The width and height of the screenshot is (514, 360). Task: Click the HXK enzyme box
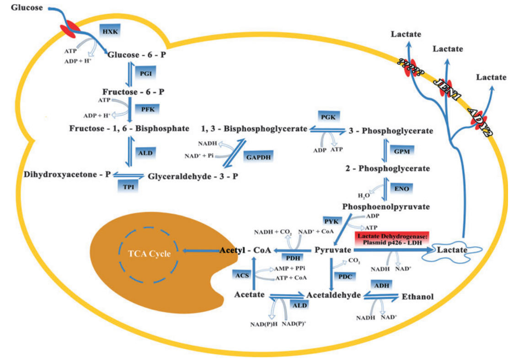tap(110, 31)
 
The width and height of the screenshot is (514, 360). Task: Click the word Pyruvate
tap(332, 250)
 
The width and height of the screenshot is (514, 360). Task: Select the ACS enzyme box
tap(242, 275)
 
